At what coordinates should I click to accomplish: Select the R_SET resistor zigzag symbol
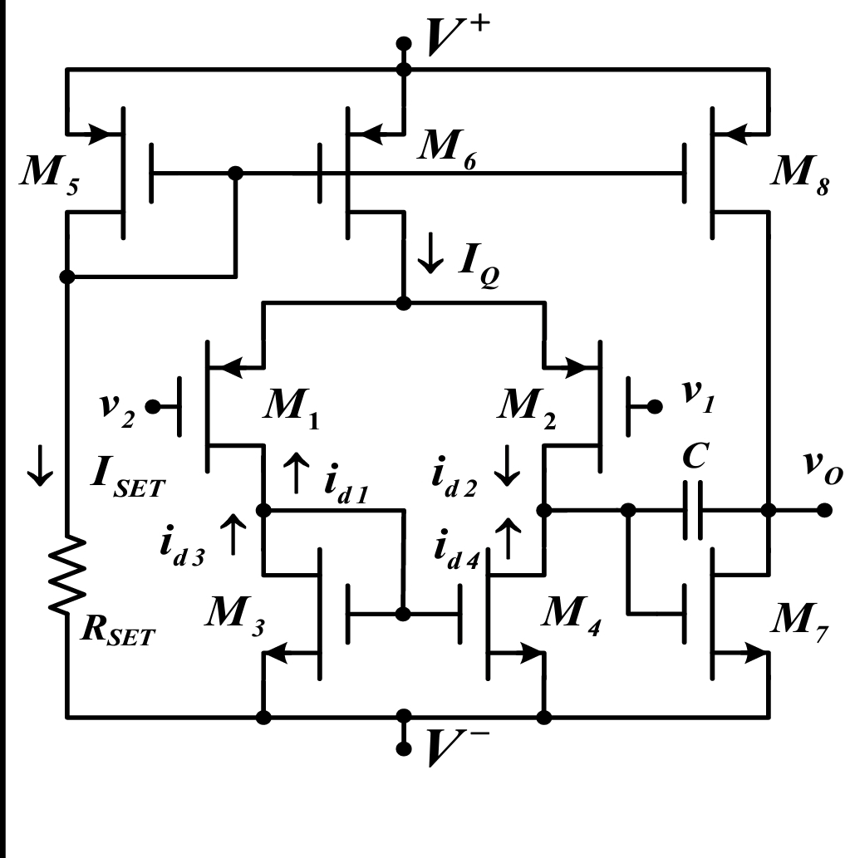tap(68, 576)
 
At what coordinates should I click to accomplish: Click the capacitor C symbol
tap(694, 510)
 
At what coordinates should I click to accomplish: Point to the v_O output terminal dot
tap(823, 510)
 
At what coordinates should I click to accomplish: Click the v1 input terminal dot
tap(656, 406)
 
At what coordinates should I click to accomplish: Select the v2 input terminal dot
tap(152, 407)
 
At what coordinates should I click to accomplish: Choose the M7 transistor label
tap(798, 618)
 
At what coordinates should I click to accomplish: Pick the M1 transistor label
tap(290, 406)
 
